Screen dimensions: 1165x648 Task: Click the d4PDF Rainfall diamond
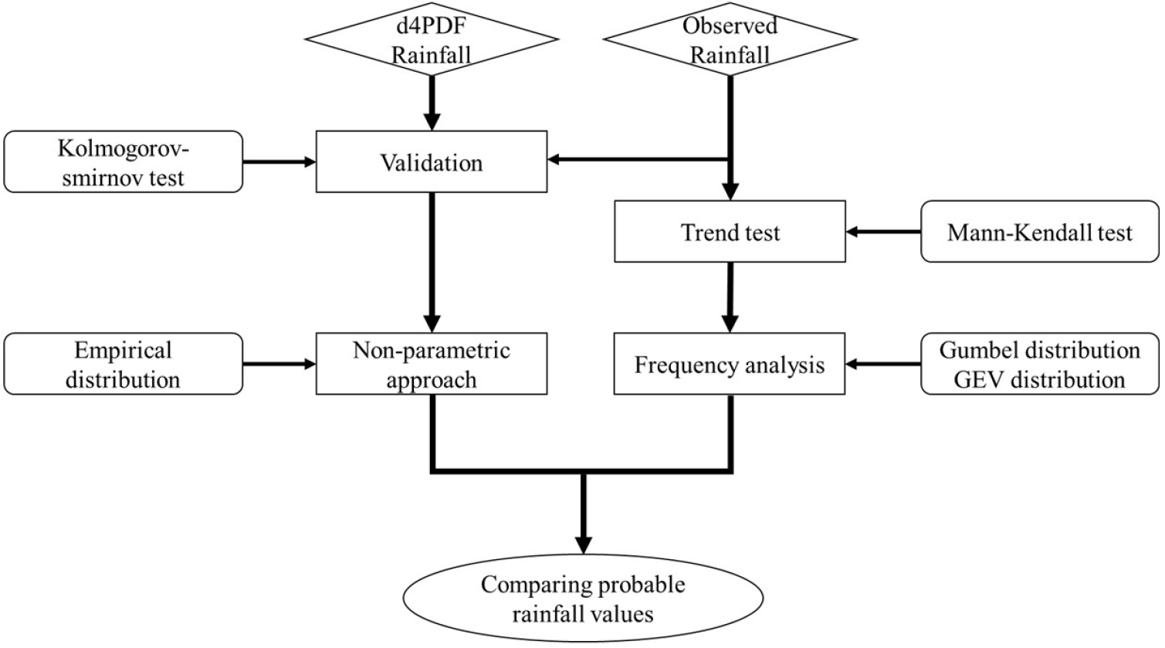click(x=432, y=39)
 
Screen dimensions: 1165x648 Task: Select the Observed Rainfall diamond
click(x=730, y=39)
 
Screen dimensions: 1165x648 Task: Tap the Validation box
click(x=432, y=162)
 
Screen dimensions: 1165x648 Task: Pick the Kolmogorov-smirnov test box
click(x=124, y=162)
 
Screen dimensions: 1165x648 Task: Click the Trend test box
click(x=730, y=232)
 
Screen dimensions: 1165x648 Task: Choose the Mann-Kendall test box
click(x=1040, y=232)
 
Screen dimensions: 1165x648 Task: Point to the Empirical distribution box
click(x=124, y=364)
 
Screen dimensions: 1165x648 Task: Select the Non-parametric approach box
click(x=432, y=364)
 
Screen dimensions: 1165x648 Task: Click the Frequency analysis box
click(x=730, y=364)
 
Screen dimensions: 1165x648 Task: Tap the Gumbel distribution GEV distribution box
click(x=1040, y=364)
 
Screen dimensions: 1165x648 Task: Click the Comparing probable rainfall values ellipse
click(x=583, y=599)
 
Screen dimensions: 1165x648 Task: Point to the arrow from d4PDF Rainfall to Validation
click(x=432, y=103)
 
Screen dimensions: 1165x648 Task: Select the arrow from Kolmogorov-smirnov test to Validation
click(x=279, y=162)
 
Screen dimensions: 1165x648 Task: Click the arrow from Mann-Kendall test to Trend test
click(x=883, y=232)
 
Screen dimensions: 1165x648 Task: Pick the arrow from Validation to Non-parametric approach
click(x=432, y=263)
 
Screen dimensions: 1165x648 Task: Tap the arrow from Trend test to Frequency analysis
click(x=730, y=297)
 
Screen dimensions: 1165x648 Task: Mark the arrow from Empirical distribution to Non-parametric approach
click(x=279, y=364)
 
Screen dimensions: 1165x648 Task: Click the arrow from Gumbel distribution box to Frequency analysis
click(x=883, y=364)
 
